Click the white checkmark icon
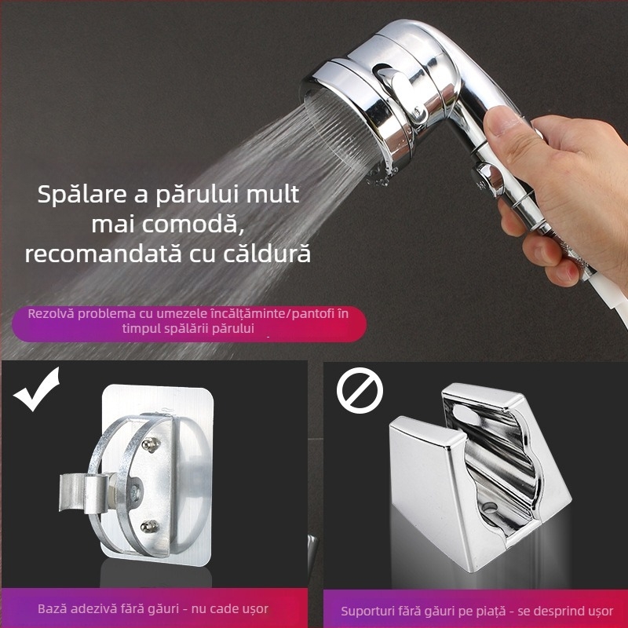pos(37,389)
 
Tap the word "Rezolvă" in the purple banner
pos(53,314)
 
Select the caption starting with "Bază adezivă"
pos(153,608)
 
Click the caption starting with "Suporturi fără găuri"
pos(476,610)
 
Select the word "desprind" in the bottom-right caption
pos(551,610)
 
